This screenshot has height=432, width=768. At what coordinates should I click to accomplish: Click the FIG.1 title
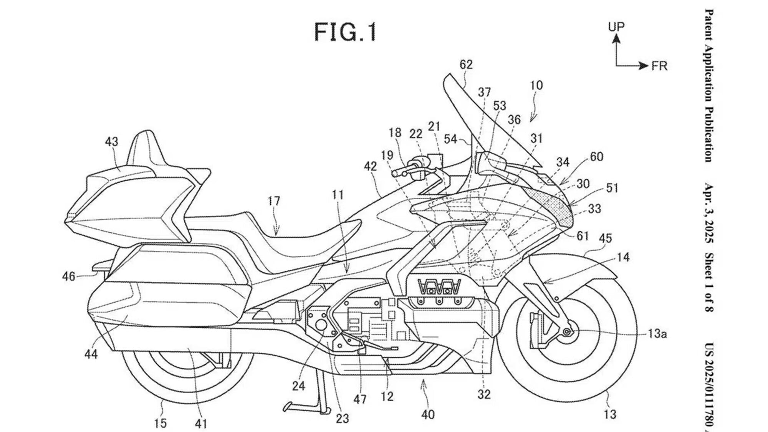(x=345, y=32)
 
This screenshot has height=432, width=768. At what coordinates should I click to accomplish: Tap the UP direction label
(x=616, y=26)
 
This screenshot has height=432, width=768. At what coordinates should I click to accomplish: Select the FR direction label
(x=659, y=66)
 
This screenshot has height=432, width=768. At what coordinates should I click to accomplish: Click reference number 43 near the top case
(x=111, y=142)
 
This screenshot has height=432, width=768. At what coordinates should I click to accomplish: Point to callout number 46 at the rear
(x=69, y=276)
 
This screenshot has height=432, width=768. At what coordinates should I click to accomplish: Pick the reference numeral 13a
(x=657, y=334)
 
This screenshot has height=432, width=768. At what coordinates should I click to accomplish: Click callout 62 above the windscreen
(x=466, y=65)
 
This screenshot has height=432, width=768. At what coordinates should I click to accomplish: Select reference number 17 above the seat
(x=274, y=201)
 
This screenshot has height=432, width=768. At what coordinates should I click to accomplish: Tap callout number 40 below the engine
(x=428, y=414)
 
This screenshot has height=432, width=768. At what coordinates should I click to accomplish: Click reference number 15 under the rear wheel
(x=161, y=423)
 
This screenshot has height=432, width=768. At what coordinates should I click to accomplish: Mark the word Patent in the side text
(x=709, y=25)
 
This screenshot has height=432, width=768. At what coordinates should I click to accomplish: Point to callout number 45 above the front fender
(x=605, y=238)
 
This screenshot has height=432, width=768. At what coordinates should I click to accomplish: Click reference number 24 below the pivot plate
(x=298, y=386)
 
